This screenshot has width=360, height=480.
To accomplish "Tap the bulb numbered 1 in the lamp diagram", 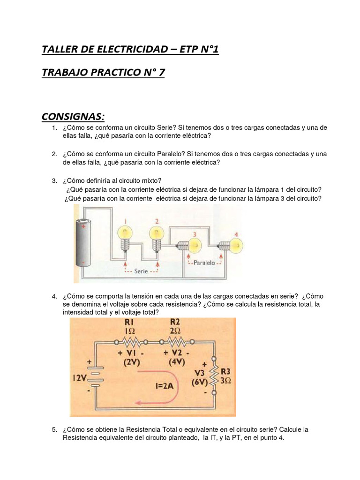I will click(125, 233).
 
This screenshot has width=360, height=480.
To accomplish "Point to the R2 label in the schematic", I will click(175, 323).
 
